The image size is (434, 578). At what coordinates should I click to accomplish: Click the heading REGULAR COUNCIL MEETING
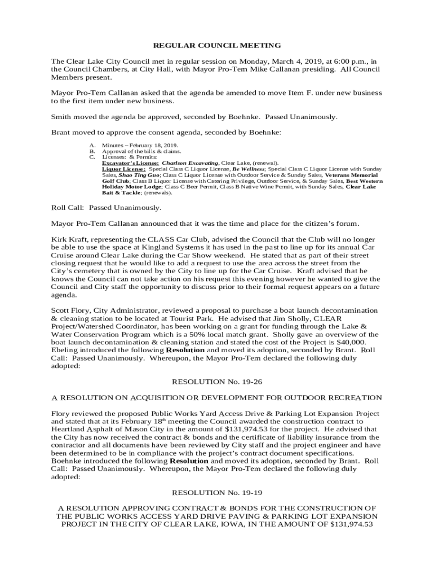pyautogui.click(x=217, y=45)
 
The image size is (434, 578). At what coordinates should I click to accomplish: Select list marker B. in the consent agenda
pyautogui.click(x=92, y=151)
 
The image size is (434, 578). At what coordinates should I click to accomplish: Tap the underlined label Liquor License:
pyautogui.click(x=123, y=169)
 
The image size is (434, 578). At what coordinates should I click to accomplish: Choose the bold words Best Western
pyautogui.click(x=364, y=181)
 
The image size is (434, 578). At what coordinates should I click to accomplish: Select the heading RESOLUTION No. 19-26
pyautogui.click(x=217, y=382)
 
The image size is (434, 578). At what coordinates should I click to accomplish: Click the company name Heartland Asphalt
pyautogui.click(x=82, y=429)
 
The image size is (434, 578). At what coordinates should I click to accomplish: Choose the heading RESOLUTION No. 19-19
pyautogui.click(x=217, y=492)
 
